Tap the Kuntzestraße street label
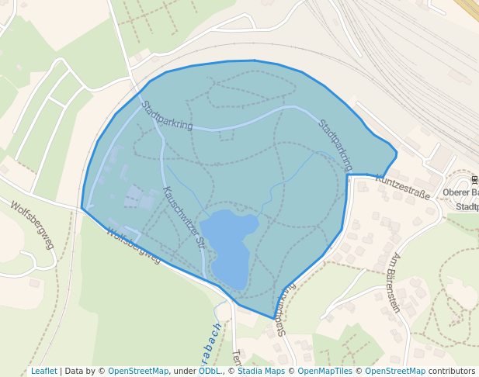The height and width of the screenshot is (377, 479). [402, 187]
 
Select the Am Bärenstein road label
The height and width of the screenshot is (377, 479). [395, 282]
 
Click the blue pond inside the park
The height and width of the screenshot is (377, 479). [229, 245]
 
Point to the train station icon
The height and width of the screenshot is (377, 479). [475, 180]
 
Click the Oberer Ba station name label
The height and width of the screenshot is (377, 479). [460, 192]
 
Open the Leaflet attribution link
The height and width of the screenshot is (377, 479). [43, 371]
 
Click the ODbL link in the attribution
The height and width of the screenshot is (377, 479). [209, 371]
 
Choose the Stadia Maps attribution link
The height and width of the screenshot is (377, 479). [261, 371]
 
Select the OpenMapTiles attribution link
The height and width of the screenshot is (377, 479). [325, 371]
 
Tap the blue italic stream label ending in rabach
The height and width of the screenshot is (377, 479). [217, 341]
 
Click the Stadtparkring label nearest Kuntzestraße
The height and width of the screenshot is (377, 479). [335, 144]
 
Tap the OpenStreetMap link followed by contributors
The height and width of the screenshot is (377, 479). [395, 371]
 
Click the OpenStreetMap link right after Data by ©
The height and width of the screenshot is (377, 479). [138, 371]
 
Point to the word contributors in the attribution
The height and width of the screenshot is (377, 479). [452, 371]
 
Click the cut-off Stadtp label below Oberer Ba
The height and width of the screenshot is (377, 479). [467, 207]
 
